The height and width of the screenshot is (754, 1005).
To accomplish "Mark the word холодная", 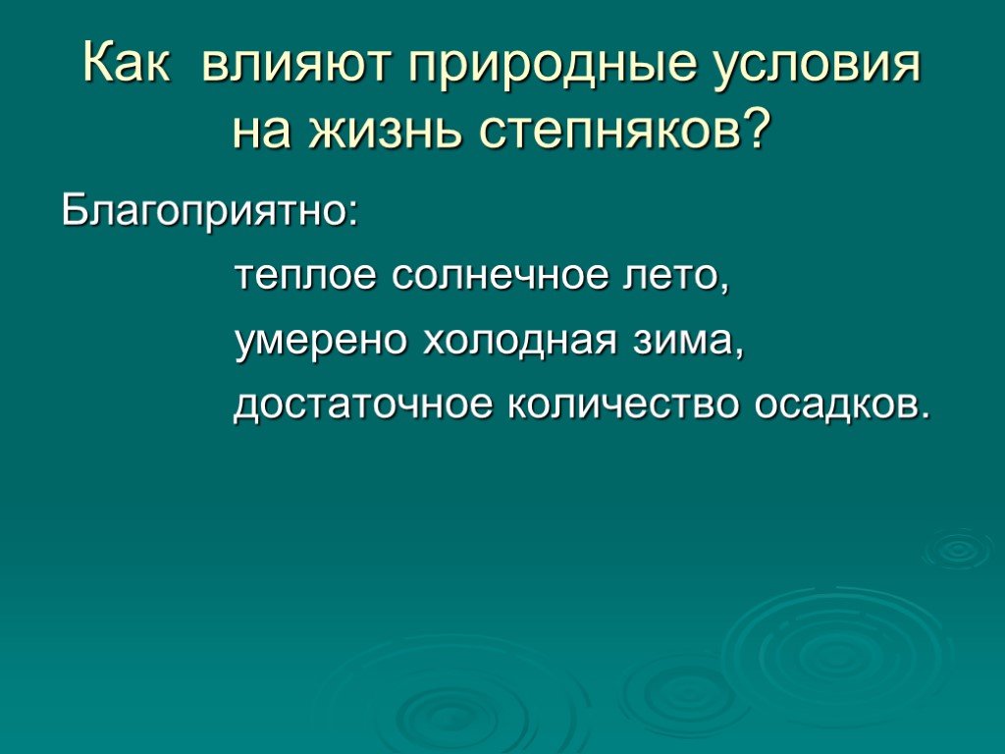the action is (x=520, y=342).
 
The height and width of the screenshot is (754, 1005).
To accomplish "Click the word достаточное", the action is (x=363, y=405).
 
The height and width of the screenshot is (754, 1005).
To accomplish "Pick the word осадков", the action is (x=832, y=404).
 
